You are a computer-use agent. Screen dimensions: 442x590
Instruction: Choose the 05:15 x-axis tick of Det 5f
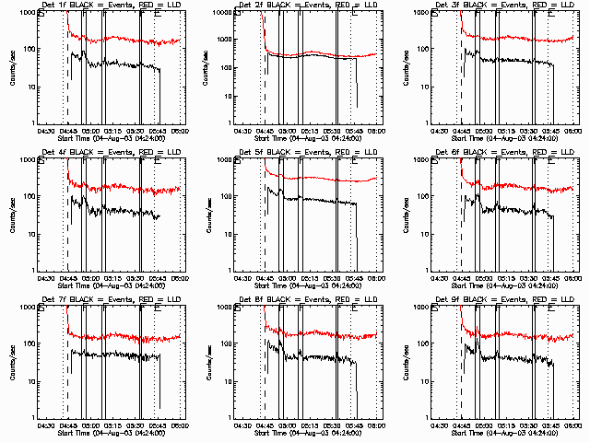click(310, 279)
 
